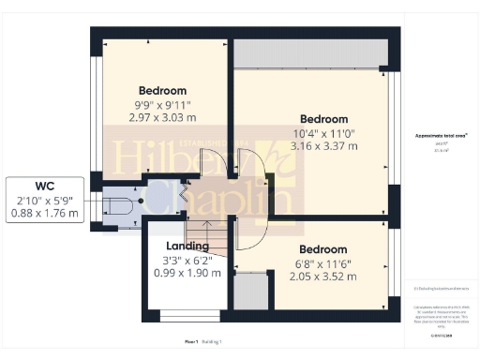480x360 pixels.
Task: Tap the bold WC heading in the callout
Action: click(44, 185)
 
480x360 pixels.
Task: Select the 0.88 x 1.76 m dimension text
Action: click(44, 214)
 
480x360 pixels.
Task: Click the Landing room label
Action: click(187, 246)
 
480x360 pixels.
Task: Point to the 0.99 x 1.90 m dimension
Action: click(187, 274)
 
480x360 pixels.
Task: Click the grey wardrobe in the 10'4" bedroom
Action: click(310, 55)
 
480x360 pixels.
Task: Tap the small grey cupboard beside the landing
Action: click(248, 292)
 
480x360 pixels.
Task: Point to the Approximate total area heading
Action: click(441, 137)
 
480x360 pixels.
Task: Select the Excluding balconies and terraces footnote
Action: click(441, 287)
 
